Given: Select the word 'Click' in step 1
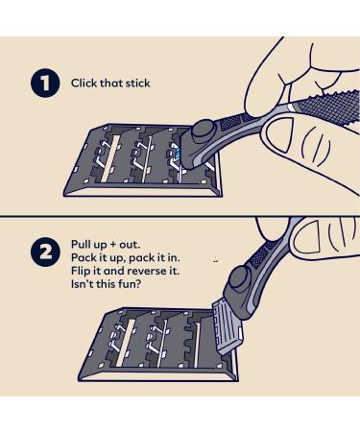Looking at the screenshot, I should point(84,84).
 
